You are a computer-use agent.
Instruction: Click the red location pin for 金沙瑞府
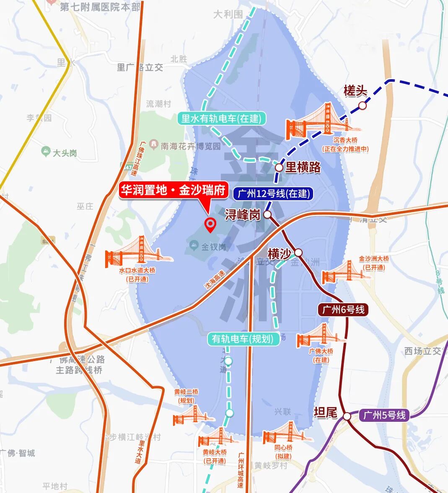[x=210, y=225]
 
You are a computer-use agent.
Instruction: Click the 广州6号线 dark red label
[x=343, y=310]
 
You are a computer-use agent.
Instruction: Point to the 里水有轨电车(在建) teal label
[x=221, y=119]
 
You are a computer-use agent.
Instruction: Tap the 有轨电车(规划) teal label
[x=244, y=338]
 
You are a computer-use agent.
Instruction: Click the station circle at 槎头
[x=363, y=106]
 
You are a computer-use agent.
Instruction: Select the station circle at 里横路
[x=279, y=167]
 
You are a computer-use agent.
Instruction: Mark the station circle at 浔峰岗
[x=267, y=214]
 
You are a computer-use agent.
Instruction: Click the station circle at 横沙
[x=298, y=253]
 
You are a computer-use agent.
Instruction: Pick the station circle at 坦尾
[x=347, y=416]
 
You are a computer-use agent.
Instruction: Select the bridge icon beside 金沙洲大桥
[x=340, y=274]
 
